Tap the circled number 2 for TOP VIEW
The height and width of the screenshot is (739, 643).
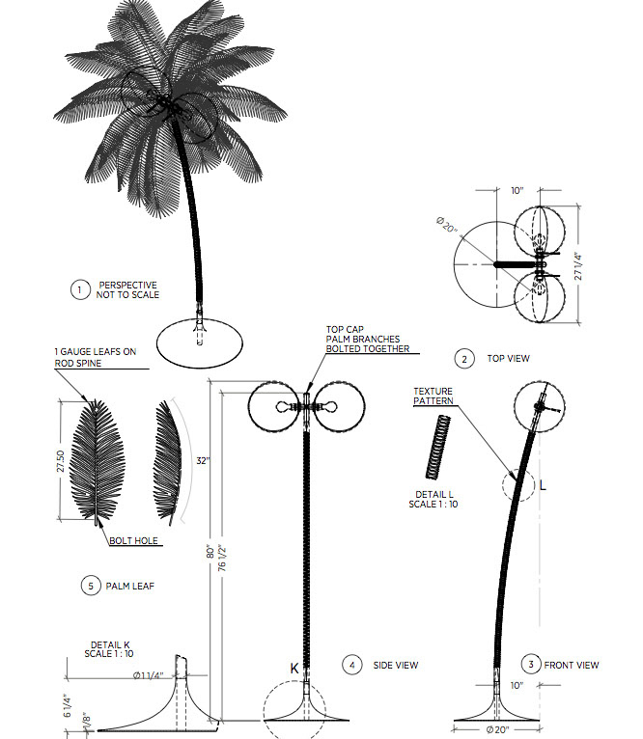pyautogui.click(x=464, y=359)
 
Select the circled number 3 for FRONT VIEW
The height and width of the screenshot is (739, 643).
pyautogui.click(x=530, y=664)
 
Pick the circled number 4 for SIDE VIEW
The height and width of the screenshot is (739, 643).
pyautogui.click(x=352, y=665)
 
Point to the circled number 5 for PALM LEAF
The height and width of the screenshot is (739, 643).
pyautogui.click(x=89, y=585)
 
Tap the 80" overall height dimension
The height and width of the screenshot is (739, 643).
pyautogui.click(x=211, y=555)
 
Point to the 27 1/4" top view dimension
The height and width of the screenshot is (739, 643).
pyautogui.click(x=578, y=266)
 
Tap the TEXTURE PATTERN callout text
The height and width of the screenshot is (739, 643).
pyautogui.click(x=433, y=397)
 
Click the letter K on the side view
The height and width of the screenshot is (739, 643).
pyautogui.click(x=294, y=667)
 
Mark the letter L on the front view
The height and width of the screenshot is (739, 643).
pyautogui.click(x=543, y=485)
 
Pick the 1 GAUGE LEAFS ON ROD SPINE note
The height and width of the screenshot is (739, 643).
pyautogui.click(x=95, y=357)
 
